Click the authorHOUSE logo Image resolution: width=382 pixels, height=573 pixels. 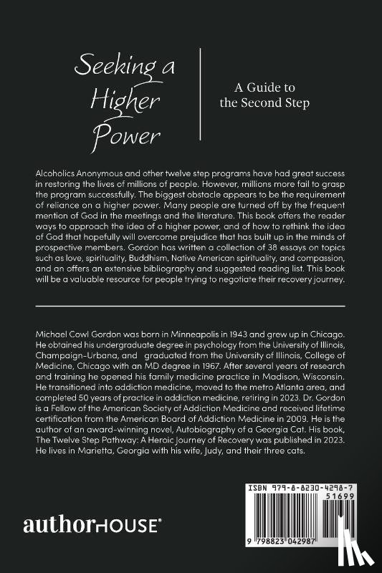[x=92, y=524]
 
